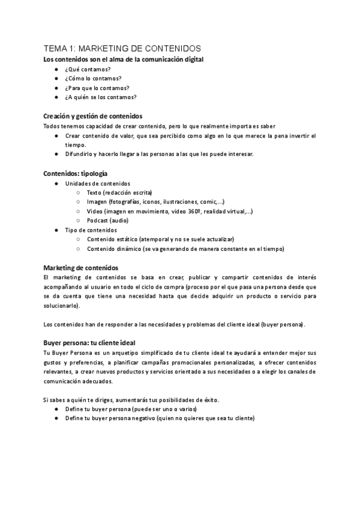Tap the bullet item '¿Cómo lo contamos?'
click(x=93, y=78)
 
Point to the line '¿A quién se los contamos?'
click(x=101, y=97)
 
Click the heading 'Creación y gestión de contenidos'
click(x=93, y=116)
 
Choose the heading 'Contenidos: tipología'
click(x=76, y=173)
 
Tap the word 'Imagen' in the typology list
click(x=97, y=202)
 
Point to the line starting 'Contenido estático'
click(x=160, y=239)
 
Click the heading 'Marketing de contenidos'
click(x=81, y=267)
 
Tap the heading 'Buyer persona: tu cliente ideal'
click(x=89, y=343)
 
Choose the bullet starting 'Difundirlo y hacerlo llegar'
click(x=160, y=154)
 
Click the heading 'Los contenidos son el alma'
click(x=124, y=59)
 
